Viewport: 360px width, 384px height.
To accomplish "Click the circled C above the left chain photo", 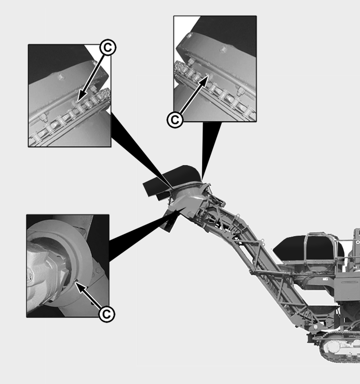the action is click(x=108, y=47).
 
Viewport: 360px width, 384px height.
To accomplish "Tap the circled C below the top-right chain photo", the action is click(x=175, y=120).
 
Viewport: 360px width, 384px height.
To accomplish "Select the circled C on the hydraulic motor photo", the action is click(x=107, y=314).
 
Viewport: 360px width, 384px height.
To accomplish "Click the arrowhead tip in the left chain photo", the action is click(x=78, y=101).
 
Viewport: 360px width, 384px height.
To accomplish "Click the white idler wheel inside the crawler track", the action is click(x=331, y=347).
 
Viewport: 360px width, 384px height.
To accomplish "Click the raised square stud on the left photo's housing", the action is click(x=60, y=77).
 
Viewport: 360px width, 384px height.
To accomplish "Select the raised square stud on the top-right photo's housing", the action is click(x=223, y=49).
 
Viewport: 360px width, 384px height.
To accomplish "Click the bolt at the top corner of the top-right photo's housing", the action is click(x=189, y=36).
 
